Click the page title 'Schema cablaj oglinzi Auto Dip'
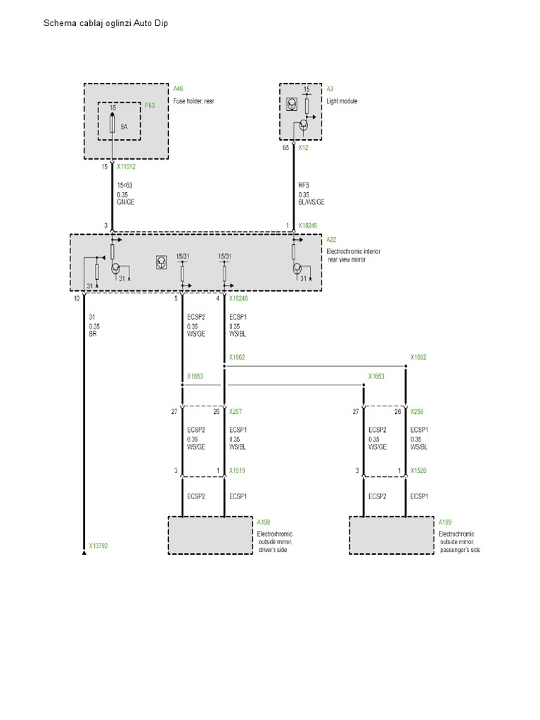[x=106, y=23]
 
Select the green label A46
[x=179, y=89]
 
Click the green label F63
[x=149, y=106]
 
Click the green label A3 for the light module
[x=330, y=89]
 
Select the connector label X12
[x=304, y=148]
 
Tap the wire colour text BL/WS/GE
[x=312, y=201]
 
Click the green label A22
[x=332, y=239]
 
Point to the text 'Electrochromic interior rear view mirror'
[x=354, y=255]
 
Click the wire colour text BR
[x=93, y=335]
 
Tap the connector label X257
[x=236, y=412]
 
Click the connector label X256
[x=418, y=412]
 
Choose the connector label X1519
[x=238, y=471]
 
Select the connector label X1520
[x=419, y=471]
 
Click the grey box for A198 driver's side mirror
[x=210, y=535]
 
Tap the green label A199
[x=445, y=522]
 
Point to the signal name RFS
[x=304, y=185]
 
